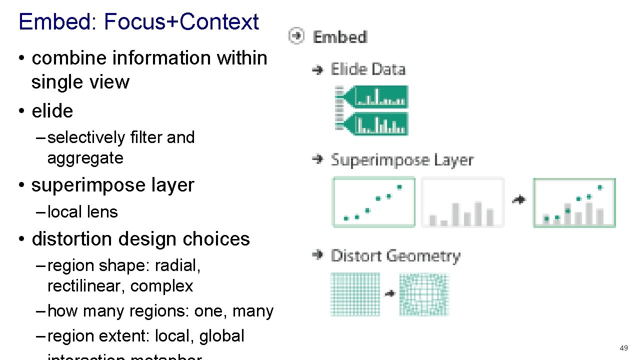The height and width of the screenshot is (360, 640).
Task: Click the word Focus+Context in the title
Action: click(181, 22)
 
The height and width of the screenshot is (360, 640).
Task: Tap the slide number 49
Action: click(623, 348)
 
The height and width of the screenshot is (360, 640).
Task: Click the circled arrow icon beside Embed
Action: click(296, 36)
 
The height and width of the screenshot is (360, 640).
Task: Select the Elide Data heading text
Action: click(367, 69)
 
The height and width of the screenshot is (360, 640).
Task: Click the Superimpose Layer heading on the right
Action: click(401, 160)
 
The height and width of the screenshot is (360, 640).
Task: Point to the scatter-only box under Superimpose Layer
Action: click(373, 202)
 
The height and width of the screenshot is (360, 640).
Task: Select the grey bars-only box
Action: click(462, 202)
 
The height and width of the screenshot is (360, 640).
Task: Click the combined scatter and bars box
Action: click(574, 202)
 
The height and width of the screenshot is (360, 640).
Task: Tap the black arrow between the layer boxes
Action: click(519, 200)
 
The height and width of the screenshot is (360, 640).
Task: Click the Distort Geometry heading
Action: click(395, 256)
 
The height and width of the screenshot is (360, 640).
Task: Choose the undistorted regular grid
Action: click(355, 294)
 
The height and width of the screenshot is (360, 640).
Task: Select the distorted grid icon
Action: click(424, 294)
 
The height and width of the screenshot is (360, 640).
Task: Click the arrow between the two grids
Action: click(390, 294)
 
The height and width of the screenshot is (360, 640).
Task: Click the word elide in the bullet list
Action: click(52, 111)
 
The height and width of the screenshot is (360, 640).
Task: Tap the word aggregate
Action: click(85, 158)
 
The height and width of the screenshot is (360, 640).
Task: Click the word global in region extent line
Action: click(221, 336)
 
